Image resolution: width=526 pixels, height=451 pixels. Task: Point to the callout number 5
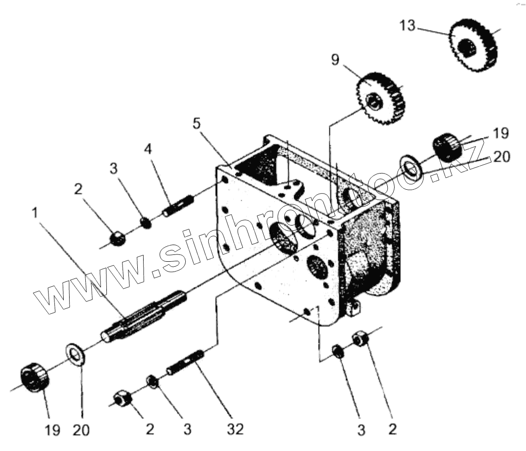196,123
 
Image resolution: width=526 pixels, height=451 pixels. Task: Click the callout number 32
236,429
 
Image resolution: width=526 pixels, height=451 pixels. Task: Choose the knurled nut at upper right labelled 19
446,146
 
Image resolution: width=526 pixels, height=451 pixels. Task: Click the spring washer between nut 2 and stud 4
145,223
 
